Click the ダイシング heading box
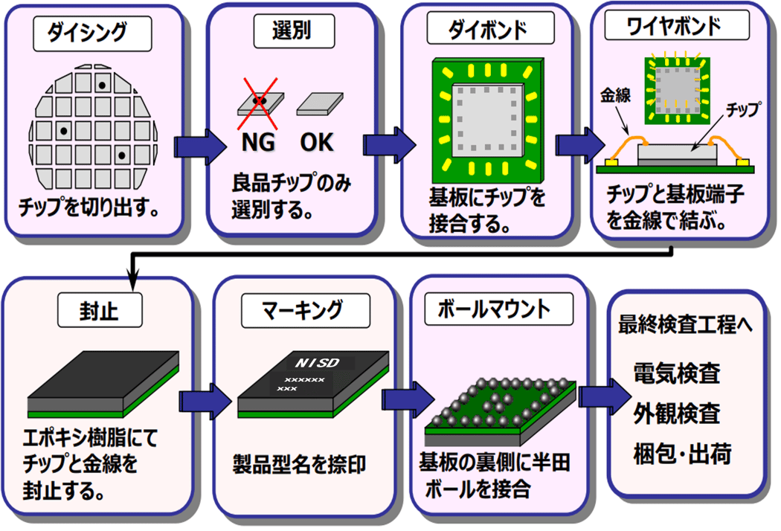coord(98,31)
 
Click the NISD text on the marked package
coord(317,364)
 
